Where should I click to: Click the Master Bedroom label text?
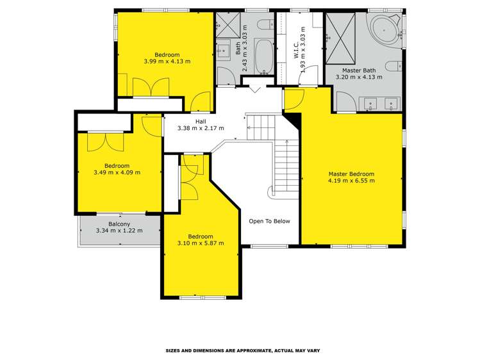pos(351,174)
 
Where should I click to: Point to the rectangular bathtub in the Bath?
pos(263,56)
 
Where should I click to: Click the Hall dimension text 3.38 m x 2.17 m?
pos(201,128)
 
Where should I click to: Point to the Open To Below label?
pos(269,221)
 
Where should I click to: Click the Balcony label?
pos(119,224)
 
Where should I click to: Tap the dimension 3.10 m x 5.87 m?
pos(201,243)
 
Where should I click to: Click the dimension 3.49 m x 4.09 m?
pos(117,172)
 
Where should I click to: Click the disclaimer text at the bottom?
pos(242,350)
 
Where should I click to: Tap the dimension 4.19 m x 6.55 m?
pos(351,181)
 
